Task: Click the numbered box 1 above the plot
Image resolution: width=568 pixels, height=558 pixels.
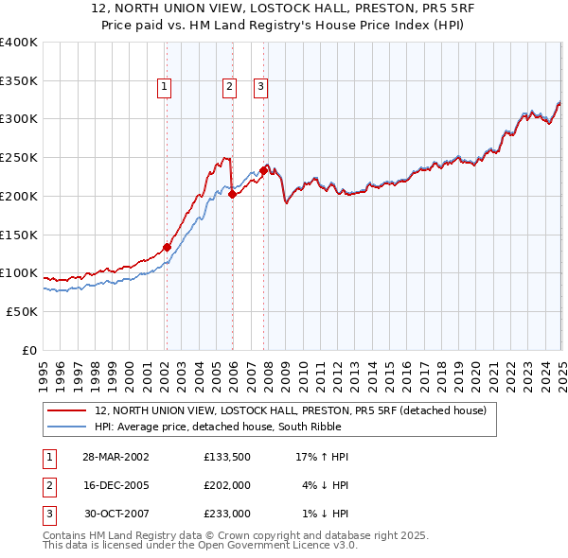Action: [165, 87]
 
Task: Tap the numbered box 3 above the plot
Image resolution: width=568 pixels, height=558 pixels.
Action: [261, 87]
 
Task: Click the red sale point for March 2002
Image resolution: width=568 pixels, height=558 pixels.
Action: [167, 248]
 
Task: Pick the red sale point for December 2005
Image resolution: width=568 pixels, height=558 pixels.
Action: [232, 195]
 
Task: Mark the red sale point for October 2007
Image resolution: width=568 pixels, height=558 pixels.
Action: [263, 171]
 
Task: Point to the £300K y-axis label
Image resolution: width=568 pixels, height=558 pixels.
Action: [20, 119]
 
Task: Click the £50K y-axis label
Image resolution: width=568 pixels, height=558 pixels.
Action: [24, 311]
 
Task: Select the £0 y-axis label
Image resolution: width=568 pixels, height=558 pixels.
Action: [29, 350]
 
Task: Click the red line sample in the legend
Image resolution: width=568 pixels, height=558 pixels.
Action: [66, 410]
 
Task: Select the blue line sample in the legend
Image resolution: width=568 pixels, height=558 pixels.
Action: [66, 427]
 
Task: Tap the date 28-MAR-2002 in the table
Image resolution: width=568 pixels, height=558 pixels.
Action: [116, 457]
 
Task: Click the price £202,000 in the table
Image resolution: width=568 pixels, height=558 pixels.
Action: [227, 485]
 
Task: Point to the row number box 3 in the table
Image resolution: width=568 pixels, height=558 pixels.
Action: [46, 514]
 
